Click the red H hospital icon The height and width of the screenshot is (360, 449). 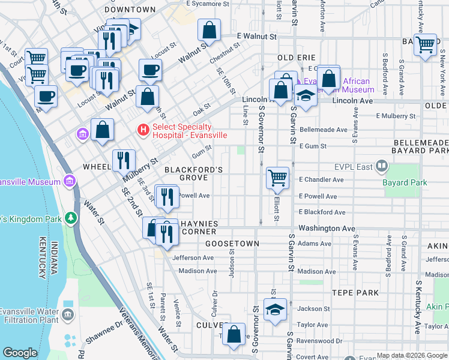tap(143, 129)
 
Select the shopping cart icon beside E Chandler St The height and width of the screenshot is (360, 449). tap(277, 177)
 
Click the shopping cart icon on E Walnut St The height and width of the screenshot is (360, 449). tap(426, 44)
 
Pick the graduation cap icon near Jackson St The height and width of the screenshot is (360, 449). tap(275, 310)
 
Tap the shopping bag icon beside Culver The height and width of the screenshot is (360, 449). tap(234, 334)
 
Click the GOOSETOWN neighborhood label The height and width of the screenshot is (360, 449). tap(232, 244)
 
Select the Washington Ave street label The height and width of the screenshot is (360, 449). tap(327, 229)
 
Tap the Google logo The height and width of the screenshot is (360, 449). tap(20, 353)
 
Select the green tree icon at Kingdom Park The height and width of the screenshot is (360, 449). tap(71, 217)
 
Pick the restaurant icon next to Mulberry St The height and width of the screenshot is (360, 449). tap(123, 160)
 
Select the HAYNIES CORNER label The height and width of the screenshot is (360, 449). tap(190, 227)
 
